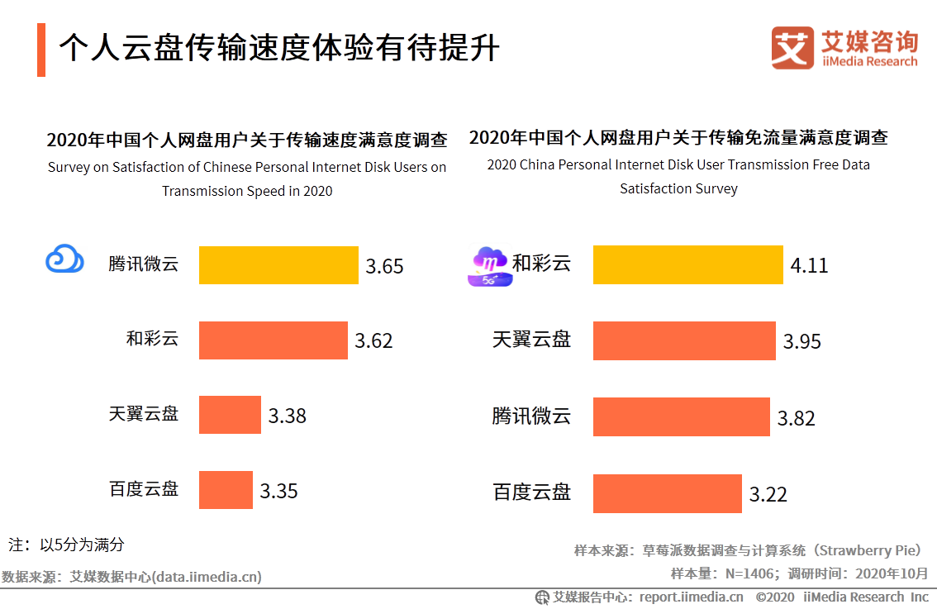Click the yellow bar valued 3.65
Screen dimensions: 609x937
[x=278, y=265]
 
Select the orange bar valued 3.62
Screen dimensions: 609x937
[x=273, y=340]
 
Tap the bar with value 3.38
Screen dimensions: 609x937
[x=230, y=415]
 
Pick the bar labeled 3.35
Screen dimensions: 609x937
[x=226, y=490]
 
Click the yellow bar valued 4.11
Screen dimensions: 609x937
[x=687, y=264]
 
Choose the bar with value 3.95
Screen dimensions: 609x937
[x=684, y=340]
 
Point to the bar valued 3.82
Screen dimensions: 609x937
[x=681, y=416]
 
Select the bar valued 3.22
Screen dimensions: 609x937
[x=667, y=493]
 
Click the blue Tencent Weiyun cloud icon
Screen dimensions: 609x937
[x=64, y=259]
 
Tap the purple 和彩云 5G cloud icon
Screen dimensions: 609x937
[x=488, y=267]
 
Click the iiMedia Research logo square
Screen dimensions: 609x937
[x=792, y=48]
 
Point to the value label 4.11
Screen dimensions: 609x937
[x=809, y=265]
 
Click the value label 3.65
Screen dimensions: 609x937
[x=385, y=266]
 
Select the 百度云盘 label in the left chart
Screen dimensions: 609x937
[x=143, y=488]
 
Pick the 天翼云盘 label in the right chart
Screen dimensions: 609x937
[x=531, y=339]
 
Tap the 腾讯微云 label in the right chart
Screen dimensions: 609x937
[x=531, y=416]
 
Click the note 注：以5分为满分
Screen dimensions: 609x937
[x=66, y=545]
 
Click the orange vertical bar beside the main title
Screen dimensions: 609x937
[x=41, y=50]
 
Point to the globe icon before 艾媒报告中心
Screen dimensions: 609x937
[x=542, y=597]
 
